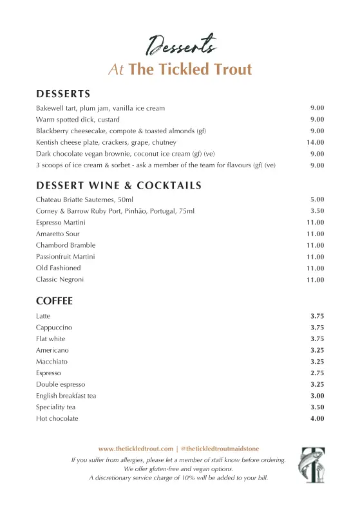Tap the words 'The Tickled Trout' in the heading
click(190, 70)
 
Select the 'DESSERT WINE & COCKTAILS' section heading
click(118, 186)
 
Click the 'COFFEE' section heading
click(54, 301)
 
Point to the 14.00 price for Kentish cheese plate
click(315, 142)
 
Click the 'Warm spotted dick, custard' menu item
click(78, 120)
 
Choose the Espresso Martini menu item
click(61, 223)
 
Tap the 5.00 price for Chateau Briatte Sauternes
click(317, 200)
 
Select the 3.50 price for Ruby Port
click(317, 211)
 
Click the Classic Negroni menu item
click(60, 279)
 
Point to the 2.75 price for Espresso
click(317, 373)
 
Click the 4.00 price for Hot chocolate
click(317, 419)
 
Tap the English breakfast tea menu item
click(66, 396)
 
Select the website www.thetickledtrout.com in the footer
click(136, 449)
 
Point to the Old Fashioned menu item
click(59, 268)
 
